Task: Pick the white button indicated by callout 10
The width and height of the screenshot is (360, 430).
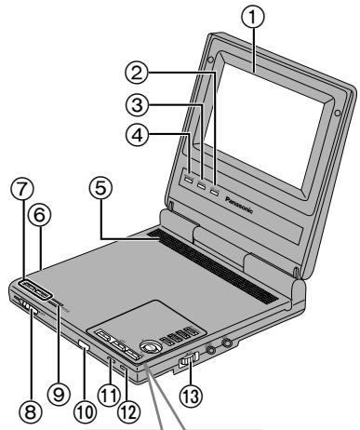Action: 86,348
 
